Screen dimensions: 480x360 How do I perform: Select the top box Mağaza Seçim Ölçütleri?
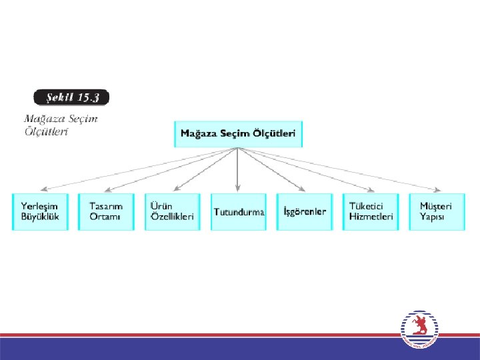(x=238, y=133)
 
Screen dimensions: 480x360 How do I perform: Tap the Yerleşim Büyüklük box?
(x=40, y=212)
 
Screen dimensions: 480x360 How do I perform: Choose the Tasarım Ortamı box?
(x=106, y=212)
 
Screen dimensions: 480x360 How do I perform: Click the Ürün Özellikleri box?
(x=172, y=212)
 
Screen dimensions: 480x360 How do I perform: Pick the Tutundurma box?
(x=238, y=212)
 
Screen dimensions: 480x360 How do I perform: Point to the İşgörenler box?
(x=304, y=212)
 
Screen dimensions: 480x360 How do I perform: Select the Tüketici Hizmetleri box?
(x=371, y=212)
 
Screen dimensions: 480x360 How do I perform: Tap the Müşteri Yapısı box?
(x=436, y=212)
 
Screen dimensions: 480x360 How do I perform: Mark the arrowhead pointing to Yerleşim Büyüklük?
(x=43, y=189)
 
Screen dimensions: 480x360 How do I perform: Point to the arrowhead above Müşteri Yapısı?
(x=437, y=189)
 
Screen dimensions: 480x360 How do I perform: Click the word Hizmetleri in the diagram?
(x=371, y=217)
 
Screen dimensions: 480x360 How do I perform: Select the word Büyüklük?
(x=40, y=217)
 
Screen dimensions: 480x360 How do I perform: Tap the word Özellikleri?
(x=172, y=217)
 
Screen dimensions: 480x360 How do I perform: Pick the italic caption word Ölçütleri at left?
(x=46, y=131)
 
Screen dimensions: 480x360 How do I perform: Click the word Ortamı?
(x=105, y=217)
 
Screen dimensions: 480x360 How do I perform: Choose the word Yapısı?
(x=432, y=217)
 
